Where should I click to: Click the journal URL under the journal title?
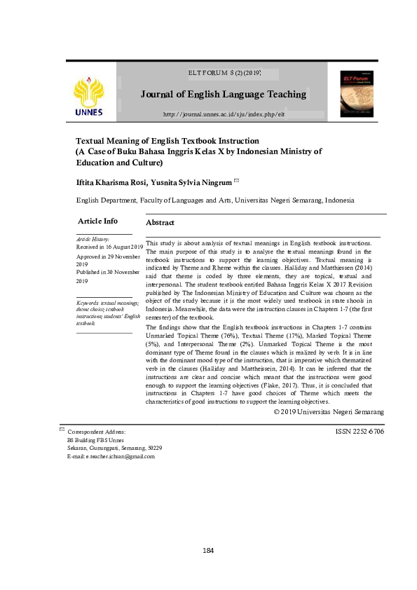(224, 114)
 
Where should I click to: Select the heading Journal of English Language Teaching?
(224, 94)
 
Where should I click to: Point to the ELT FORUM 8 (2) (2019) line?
(224, 72)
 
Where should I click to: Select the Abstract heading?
(159, 222)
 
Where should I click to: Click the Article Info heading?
(102, 221)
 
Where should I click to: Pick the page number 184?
(207, 550)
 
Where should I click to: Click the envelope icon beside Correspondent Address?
(62, 428)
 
